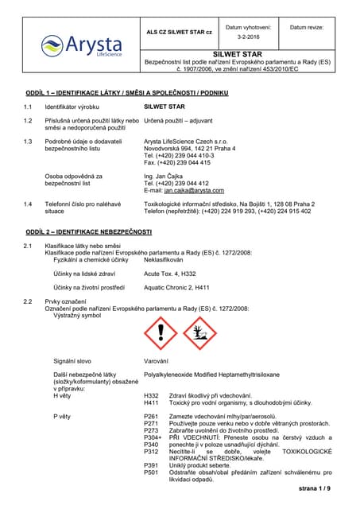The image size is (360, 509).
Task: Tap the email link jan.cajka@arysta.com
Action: pos(194,190)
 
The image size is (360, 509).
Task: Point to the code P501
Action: pos(151,472)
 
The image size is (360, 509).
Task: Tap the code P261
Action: pos(151,416)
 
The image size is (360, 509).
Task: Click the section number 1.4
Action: pos(28,204)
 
